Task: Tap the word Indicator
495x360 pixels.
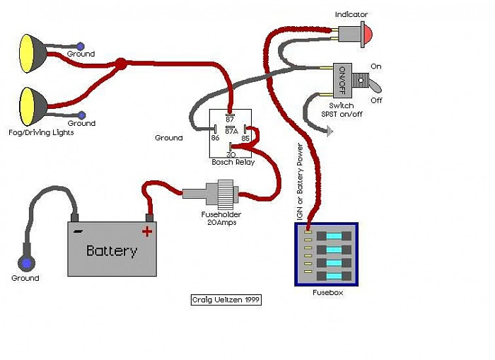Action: (x=351, y=14)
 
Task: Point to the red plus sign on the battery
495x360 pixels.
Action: (x=147, y=231)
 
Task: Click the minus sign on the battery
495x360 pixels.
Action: (x=78, y=231)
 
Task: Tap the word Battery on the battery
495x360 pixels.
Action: (x=111, y=251)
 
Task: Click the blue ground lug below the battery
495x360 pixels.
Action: (x=27, y=263)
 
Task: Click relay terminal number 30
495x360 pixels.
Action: (x=231, y=153)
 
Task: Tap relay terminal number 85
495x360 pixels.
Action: (x=245, y=138)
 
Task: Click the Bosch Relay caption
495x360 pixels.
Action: (x=233, y=163)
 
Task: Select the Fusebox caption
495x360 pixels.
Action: (x=327, y=292)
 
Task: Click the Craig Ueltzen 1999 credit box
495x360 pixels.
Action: (x=226, y=300)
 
